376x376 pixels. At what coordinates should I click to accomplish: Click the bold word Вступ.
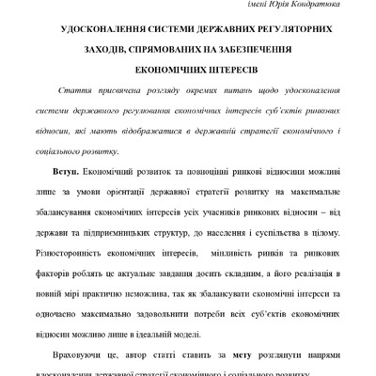click(72, 174)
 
